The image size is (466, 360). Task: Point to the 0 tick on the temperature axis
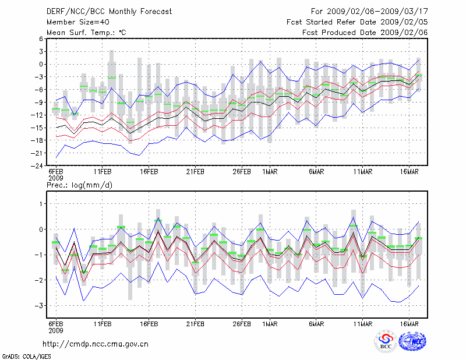(x=41, y=64)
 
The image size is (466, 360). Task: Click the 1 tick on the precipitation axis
(x=41, y=204)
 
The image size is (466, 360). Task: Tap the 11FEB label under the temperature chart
(x=103, y=172)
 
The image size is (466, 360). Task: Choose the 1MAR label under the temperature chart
(x=269, y=172)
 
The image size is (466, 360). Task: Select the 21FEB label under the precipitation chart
(x=195, y=324)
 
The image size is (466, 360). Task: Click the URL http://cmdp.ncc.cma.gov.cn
(x=96, y=344)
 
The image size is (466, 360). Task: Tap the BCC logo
(x=386, y=342)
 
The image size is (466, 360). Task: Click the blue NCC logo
(x=412, y=342)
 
